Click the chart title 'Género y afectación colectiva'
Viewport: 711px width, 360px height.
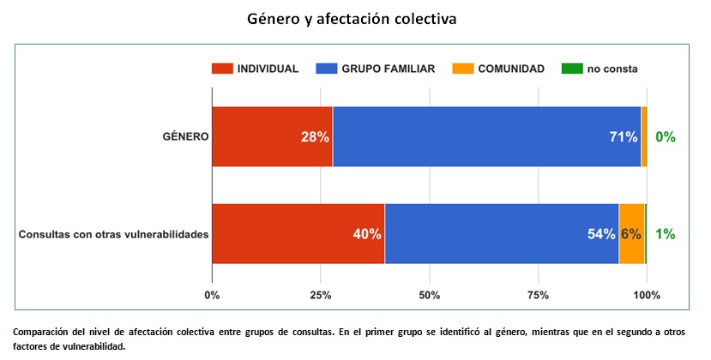pos(352,18)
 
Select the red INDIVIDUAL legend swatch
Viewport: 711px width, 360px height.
pos(221,69)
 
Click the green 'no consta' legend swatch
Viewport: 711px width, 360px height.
pos(570,69)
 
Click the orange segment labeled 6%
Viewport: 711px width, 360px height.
pos(632,234)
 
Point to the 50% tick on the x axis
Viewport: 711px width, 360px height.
pos(429,296)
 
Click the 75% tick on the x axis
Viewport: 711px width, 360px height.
pos(538,296)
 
